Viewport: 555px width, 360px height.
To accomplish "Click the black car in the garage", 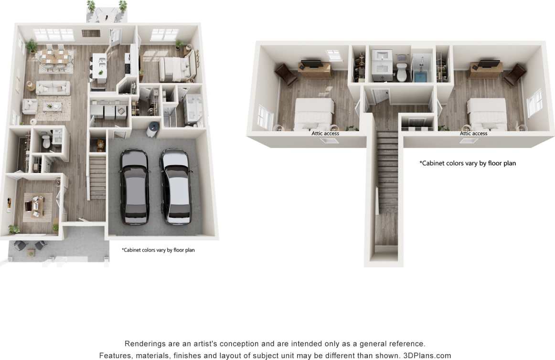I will [135, 186].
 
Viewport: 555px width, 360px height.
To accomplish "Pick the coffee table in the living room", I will [52, 106].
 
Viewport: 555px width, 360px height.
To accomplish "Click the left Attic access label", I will [325, 133].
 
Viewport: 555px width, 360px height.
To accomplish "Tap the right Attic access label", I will [473, 133].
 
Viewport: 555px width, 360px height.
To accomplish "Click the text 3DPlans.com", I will [427, 355].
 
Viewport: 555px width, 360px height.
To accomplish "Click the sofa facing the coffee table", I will [53, 88].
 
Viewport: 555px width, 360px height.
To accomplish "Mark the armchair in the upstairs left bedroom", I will [285, 74].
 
